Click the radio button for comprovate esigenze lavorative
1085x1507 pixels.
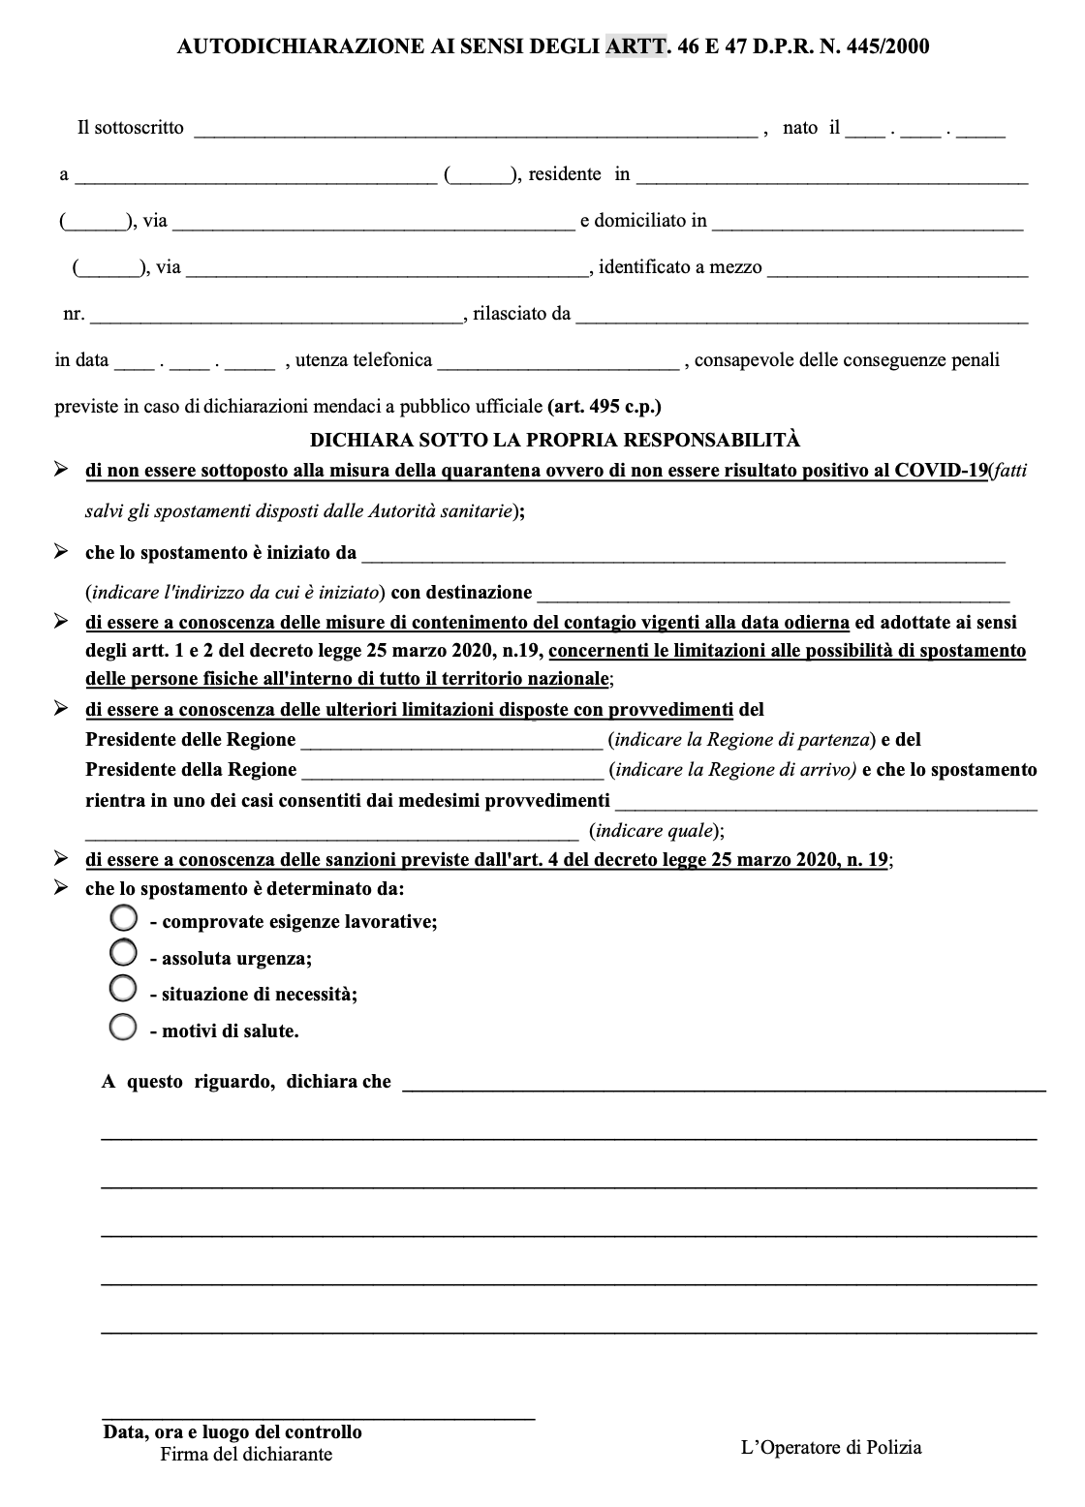pyautogui.click(x=124, y=917)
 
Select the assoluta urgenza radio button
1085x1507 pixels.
pyautogui.click(x=124, y=953)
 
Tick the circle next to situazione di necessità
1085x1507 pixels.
pyautogui.click(x=124, y=989)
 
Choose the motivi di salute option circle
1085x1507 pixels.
pyautogui.click(x=124, y=1027)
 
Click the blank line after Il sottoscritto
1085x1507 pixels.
pyautogui.click(x=475, y=131)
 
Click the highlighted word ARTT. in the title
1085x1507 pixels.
pyautogui.click(x=635, y=46)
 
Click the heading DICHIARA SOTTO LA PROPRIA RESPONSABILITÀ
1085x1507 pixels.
pyautogui.click(x=555, y=440)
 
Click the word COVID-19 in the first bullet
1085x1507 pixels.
pyautogui.click(x=940, y=471)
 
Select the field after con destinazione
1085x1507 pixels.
pyautogui.click(x=773, y=595)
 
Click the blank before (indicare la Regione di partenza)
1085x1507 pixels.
pyautogui.click(x=451, y=743)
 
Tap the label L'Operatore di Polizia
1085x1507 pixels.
pyautogui.click(x=831, y=1448)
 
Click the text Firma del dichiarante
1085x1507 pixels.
pyautogui.click(x=246, y=1455)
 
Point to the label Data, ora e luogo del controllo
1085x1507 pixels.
pyautogui.click(x=232, y=1432)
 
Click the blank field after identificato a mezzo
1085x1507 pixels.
pyautogui.click(x=897, y=270)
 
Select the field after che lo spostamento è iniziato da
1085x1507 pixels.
pyautogui.click(x=683, y=556)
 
